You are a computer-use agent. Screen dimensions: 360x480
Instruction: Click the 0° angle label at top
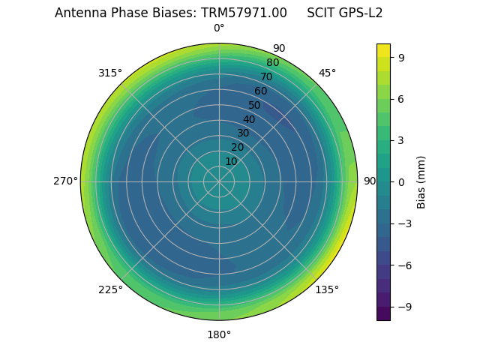coord(219,28)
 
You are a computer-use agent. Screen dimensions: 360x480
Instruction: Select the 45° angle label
coord(327,73)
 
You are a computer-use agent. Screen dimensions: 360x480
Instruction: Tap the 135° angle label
coord(327,289)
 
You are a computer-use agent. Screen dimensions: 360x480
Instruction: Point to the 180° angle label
coord(219,334)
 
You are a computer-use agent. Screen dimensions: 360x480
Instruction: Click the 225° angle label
coord(110,289)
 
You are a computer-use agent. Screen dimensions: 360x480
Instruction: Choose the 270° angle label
coord(65,181)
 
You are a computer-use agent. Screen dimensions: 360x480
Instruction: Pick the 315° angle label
coord(110,73)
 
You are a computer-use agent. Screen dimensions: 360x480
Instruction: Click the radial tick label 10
coord(231,161)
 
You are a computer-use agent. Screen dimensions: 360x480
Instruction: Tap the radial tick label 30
coord(243,133)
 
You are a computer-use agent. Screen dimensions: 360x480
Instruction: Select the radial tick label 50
coord(255,105)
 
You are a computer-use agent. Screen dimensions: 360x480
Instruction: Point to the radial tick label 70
coord(266,76)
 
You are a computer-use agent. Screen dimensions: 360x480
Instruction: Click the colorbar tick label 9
coord(401,57)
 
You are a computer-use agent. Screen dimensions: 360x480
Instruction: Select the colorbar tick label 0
coord(401,181)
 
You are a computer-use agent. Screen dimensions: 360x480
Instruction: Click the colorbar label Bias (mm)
coord(421,181)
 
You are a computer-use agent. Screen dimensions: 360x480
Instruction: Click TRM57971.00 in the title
coord(244,13)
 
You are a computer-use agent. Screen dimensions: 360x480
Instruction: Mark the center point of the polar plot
coord(219,181)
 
